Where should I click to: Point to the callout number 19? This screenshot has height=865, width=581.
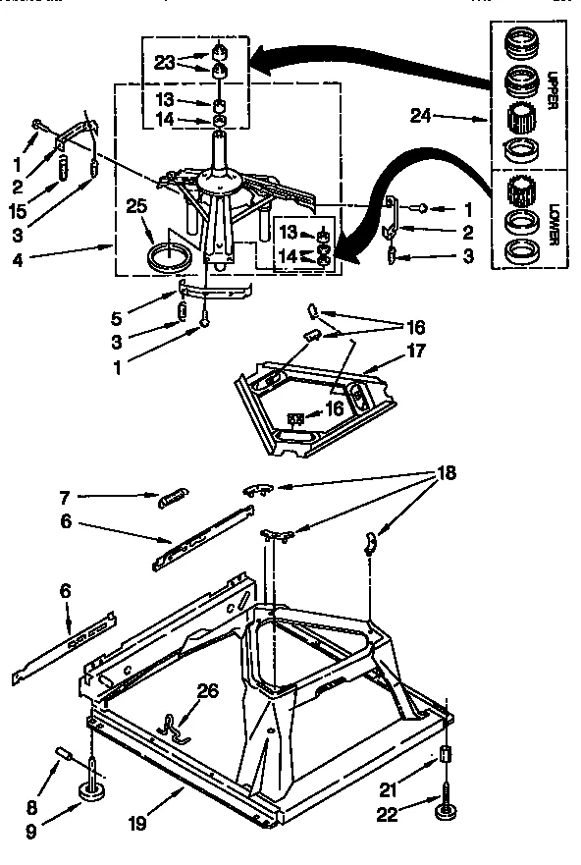pyautogui.click(x=137, y=823)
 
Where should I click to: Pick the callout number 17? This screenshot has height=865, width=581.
pyautogui.click(x=416, y=350)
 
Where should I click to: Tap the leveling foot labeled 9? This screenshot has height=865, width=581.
pyautogui.click(x=95, y=789)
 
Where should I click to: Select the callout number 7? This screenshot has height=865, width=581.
pyautogui.click(x=64, y=497)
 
